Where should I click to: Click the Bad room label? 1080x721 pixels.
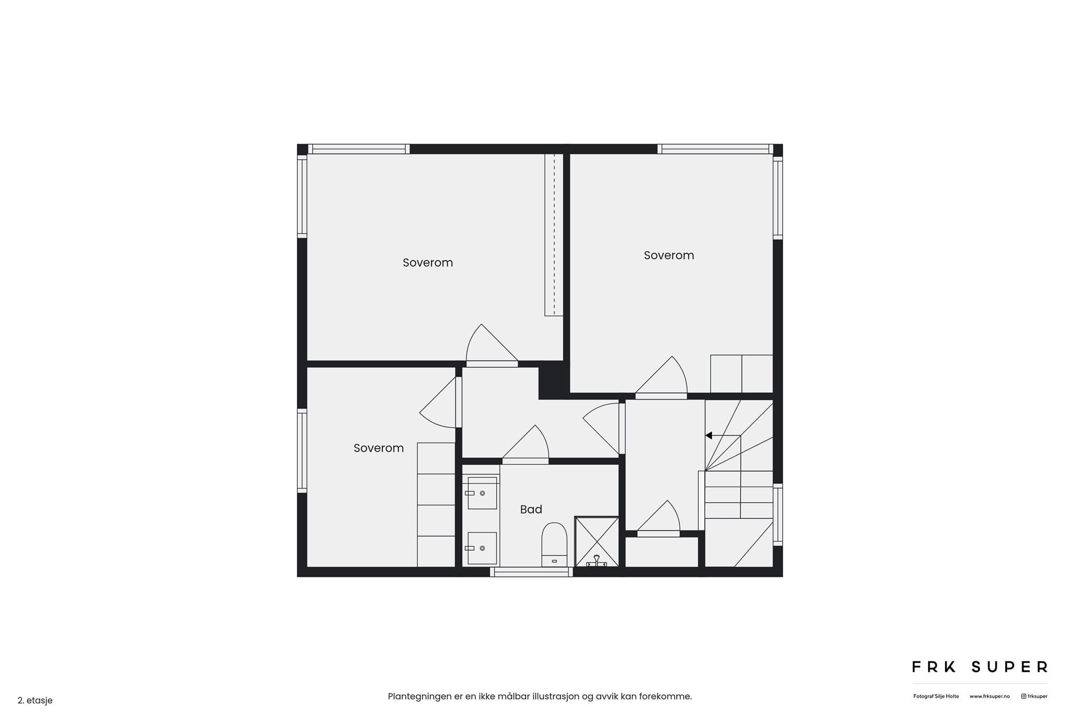(x=531, y=509)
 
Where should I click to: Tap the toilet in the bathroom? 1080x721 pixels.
(x=554, y=545)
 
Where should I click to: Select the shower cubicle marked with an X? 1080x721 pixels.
(x=596, y=542)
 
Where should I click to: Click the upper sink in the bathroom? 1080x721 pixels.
(x=482, y=493)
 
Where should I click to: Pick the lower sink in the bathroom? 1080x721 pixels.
(x=482, y=548)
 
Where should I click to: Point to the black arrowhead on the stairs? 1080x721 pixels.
(x=709, y=435)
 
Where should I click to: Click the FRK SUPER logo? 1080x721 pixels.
(x=980, y=667)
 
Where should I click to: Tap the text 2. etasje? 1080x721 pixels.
(x=35, y=701)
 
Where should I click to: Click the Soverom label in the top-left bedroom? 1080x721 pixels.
(x=428, y=263)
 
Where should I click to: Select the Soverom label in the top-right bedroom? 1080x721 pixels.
(x=669, y=255)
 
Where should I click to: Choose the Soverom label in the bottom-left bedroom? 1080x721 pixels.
(x=379, y=448)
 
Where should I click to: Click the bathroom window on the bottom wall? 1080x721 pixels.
(x=531, y=572)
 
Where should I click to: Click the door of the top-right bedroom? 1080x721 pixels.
(x=661, y=377)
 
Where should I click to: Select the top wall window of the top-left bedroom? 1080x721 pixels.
(x=359, y=149)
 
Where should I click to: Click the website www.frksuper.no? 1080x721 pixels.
(x=990, y=697)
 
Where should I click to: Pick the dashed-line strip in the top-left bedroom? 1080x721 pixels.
(x=554, y=235)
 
